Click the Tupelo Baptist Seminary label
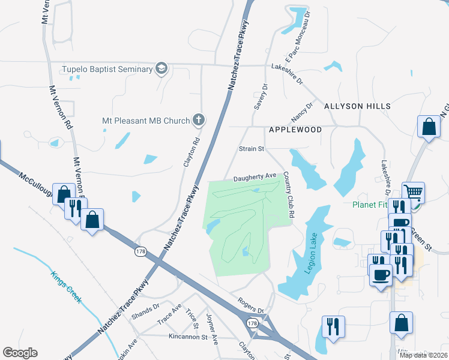click(x=107, y=69)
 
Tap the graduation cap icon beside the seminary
click(x=161, y=69)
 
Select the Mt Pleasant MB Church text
click(x=146, y=121)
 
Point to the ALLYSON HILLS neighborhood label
click(x=357, y=106)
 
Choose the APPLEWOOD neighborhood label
click(x=295, y=130)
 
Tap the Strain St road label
click(x=252, y=149)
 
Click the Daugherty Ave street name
click(x=255, y=176)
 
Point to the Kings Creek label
click(x=67, y=289)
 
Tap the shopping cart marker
click(x=413, y=193)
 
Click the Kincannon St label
click(x=192, y=337)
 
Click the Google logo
click(x=20, y=353)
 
